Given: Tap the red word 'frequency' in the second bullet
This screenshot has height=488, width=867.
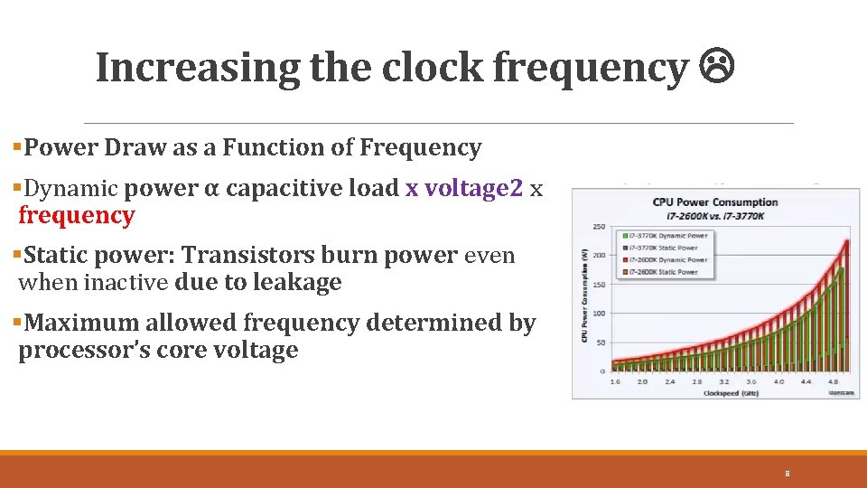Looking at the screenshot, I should point(77,215).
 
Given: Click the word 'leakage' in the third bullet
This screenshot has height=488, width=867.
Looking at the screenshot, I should point(296,282).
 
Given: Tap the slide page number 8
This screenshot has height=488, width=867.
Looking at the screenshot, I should point(788,474).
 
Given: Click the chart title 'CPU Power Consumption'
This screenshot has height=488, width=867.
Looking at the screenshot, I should point(715,202).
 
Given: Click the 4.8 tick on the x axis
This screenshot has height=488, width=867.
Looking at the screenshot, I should point(834,381).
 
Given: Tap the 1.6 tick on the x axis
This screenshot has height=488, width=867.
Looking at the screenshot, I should point(616,381).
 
